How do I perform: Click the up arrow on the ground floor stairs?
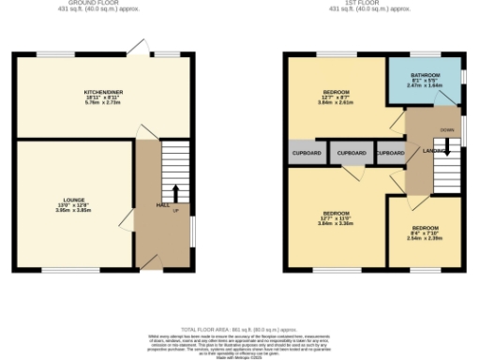tap(175, 194)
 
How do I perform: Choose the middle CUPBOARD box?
tap(352, 153)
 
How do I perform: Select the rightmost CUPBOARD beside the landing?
tap(390, 153)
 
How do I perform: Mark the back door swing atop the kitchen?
tap(141, 47)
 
